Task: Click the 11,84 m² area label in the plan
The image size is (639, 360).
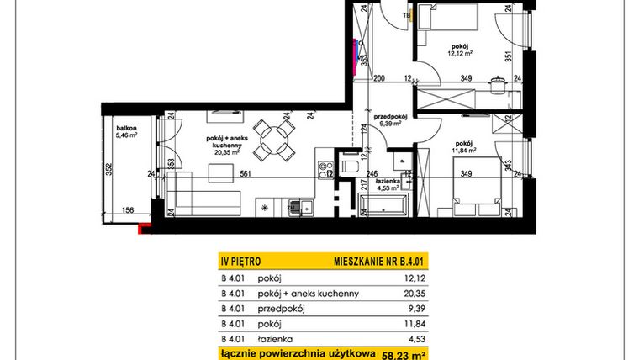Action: [462, 151]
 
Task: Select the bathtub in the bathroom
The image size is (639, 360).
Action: [384, 204]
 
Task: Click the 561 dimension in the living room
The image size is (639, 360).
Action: [244, 174]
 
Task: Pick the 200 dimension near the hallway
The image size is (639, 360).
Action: [379, 78]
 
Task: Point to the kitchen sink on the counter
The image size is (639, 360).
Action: [295, 205]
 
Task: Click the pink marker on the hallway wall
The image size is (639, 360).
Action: [356, 60]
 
